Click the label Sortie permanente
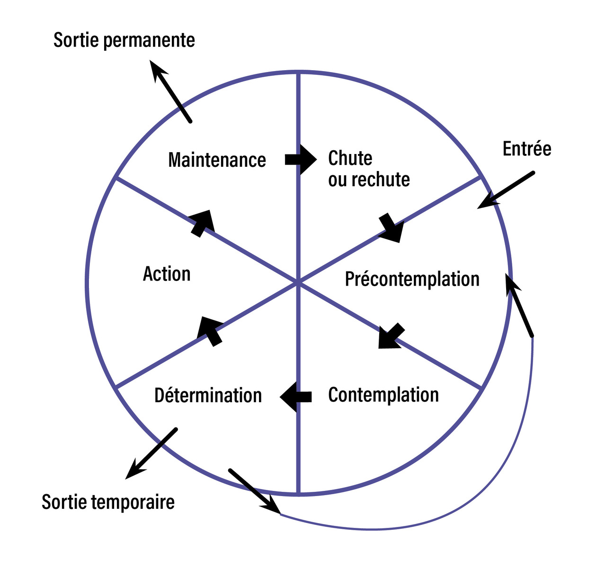(x=124, y=40)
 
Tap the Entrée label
(x=527, y=149)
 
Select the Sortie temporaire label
(x=108, y=502)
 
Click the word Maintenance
(x=217, y=160)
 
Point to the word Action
(x=167, y=274)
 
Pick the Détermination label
(x=208, y=395)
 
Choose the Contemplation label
(x=383, y=395)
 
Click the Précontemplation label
(x=412, y=279)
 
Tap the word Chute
(x=350, y=158)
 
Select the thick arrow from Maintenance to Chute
(x=300, y=159)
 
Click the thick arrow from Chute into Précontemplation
(x=392, y=228)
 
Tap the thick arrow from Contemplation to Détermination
(x=296, y=396)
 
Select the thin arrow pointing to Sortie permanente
(x=170, y=91)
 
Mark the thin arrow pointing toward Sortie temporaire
(x=151, y=453)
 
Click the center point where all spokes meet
(x=298, y=282)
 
